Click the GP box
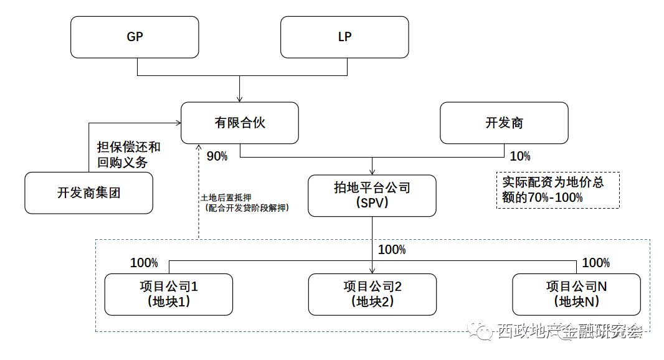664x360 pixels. (x=135, y=37)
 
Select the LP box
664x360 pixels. (x=344, y=37)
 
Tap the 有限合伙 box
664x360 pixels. (x=240, y=123)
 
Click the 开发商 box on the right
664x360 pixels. (x=504, y=123)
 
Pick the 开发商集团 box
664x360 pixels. (x=88, y=193)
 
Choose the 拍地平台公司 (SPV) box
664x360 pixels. (x=372, y=195)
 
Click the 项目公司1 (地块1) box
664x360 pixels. (x=168, y=294)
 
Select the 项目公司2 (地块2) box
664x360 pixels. (x=372, y=294)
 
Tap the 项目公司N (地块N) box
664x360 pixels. (x=576, y=294)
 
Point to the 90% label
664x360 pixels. (x=217, y=156)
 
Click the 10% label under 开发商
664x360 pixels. (x=520, y=156)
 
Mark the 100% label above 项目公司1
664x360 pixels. (x=144, y=263)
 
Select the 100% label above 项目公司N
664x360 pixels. (x=595, y=263)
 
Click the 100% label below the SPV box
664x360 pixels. (x=392, y=250)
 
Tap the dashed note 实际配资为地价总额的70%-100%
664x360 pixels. (x=557, y=190)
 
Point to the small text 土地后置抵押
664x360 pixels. (x=226, y=197)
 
